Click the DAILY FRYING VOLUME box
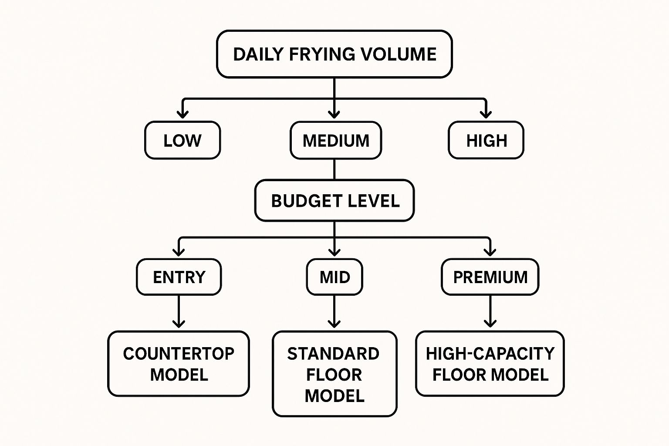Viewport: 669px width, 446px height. [334, 54]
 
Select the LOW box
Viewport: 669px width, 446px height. [182, 140]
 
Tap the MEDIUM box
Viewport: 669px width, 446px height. [336, 140]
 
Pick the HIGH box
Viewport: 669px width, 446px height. [486, 140]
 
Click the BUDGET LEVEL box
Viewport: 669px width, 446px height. [334, 201]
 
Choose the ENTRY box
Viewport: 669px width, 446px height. [179, 277]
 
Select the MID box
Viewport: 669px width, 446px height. [334, 277]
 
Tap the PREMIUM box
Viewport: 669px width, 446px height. [490, 277]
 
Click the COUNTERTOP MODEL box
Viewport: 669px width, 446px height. [179, 364]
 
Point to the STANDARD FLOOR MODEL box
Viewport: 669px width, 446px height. [334, 374]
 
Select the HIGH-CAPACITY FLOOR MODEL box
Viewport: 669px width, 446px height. [490, 364]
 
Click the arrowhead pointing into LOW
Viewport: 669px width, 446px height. [183, 114]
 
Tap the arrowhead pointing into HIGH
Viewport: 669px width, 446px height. [486, 114]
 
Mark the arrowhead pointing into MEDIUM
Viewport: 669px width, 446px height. [334, 114]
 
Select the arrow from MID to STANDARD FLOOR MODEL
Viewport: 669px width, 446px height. [334, 312]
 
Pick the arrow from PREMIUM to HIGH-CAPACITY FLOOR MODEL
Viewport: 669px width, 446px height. [490, 312]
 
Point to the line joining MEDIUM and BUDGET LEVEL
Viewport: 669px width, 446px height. [334, 169]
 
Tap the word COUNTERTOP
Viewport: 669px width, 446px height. [179, 353]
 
